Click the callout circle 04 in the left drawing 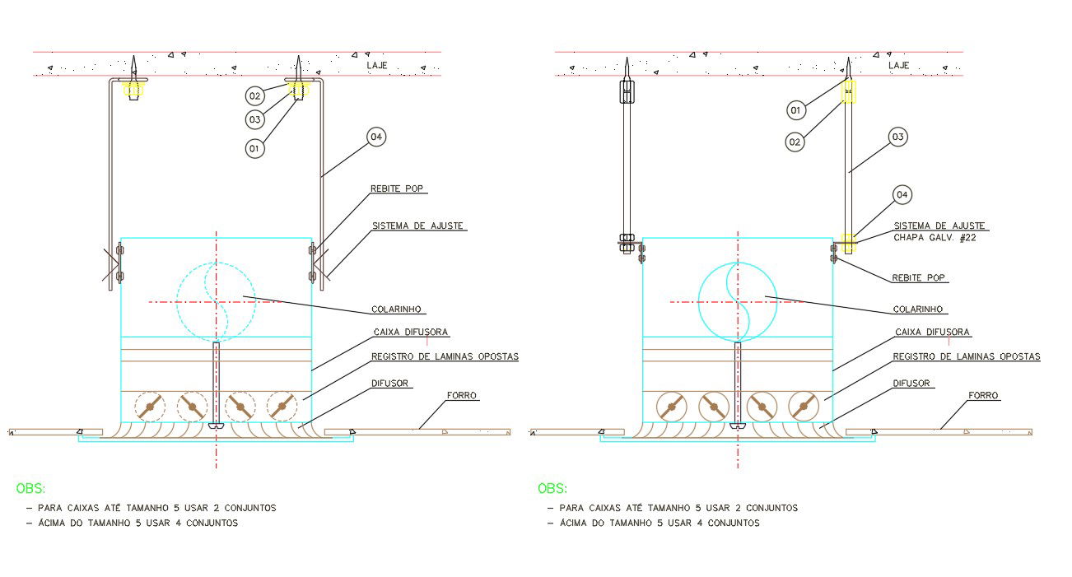point(376,137)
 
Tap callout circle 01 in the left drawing point(255,149)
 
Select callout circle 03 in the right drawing point(897,137)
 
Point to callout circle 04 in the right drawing point(902,195)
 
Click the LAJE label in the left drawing point(377,64)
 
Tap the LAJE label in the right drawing point(898,64)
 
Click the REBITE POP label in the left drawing point(399,188)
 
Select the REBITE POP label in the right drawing point(920,277)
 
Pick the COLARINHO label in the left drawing point(397,309)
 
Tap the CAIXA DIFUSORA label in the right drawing point(932,333)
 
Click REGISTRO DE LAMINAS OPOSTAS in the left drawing point(445,356)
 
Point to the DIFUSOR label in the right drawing point(911,383)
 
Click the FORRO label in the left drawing point(461,396)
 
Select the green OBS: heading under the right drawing point(552,489)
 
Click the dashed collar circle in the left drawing point(216,300)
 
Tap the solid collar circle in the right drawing point(737,302)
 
